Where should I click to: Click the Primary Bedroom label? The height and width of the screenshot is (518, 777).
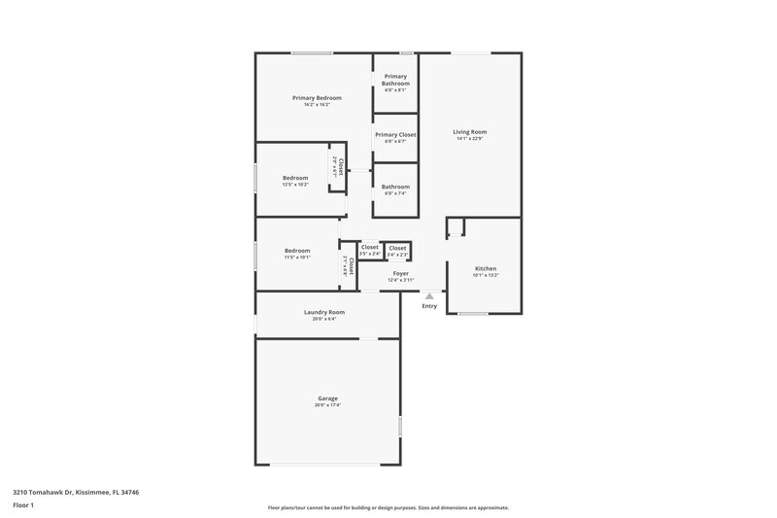(x=317, y=97)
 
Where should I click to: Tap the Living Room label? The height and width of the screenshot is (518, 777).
(x=470, y=131)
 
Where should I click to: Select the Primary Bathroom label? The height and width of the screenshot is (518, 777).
(x=395, y=80)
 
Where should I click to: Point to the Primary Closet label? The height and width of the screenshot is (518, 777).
(x=395, y=134)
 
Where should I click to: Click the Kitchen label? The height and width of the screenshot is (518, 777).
(x=485, y=268)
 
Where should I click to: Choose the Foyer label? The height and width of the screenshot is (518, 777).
(x=400, y=273)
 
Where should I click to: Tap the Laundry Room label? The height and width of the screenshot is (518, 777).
(x=324, y=312)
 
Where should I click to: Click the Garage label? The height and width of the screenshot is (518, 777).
(x=327, y=397)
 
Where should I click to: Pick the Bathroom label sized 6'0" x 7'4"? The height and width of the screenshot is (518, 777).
(x=395, y=187)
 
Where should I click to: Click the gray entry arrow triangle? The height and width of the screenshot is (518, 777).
(x=429, y=296)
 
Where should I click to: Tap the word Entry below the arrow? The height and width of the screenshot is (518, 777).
(x=429, y=306)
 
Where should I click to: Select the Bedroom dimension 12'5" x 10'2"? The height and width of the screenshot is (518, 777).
(x=295, y=185)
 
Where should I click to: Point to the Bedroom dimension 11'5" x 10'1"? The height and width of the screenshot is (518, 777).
(x=297, y=258)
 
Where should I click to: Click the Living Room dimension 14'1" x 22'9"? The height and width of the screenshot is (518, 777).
(x=470, y=138)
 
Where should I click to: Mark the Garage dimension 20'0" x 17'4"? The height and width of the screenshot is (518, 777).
(x=327, y=404)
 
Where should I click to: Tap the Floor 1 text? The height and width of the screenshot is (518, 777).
(x=22, y=505)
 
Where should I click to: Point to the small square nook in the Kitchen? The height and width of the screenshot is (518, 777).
(x=456, y=227)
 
